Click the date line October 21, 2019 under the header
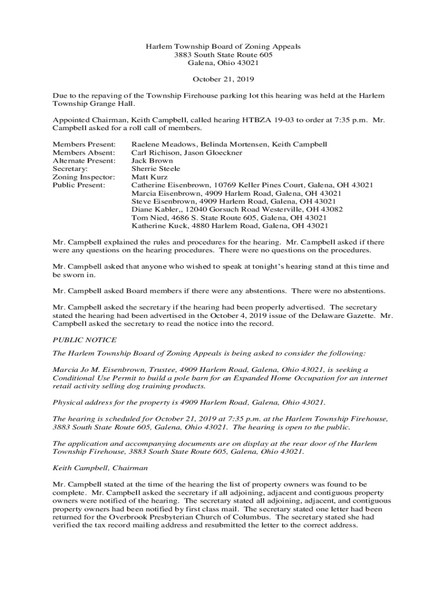click(223, 79)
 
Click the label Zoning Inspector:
click(84, 177)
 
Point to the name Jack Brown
click(152, 160)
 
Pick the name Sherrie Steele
click(156, 169)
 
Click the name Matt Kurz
click(150, 177)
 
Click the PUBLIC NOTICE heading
click(84, 340)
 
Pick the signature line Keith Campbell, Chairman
click(100, 467)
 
